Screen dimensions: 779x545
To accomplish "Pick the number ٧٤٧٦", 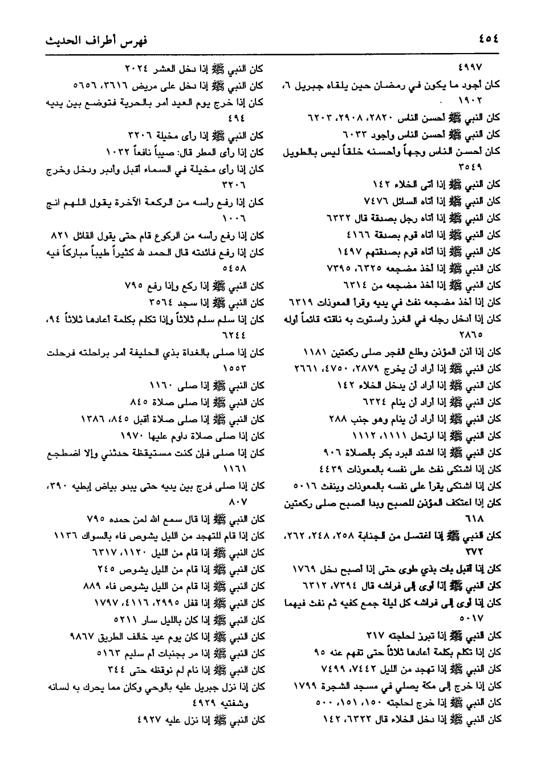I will point(375,201).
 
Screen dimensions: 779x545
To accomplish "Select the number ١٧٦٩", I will point(304,569).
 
